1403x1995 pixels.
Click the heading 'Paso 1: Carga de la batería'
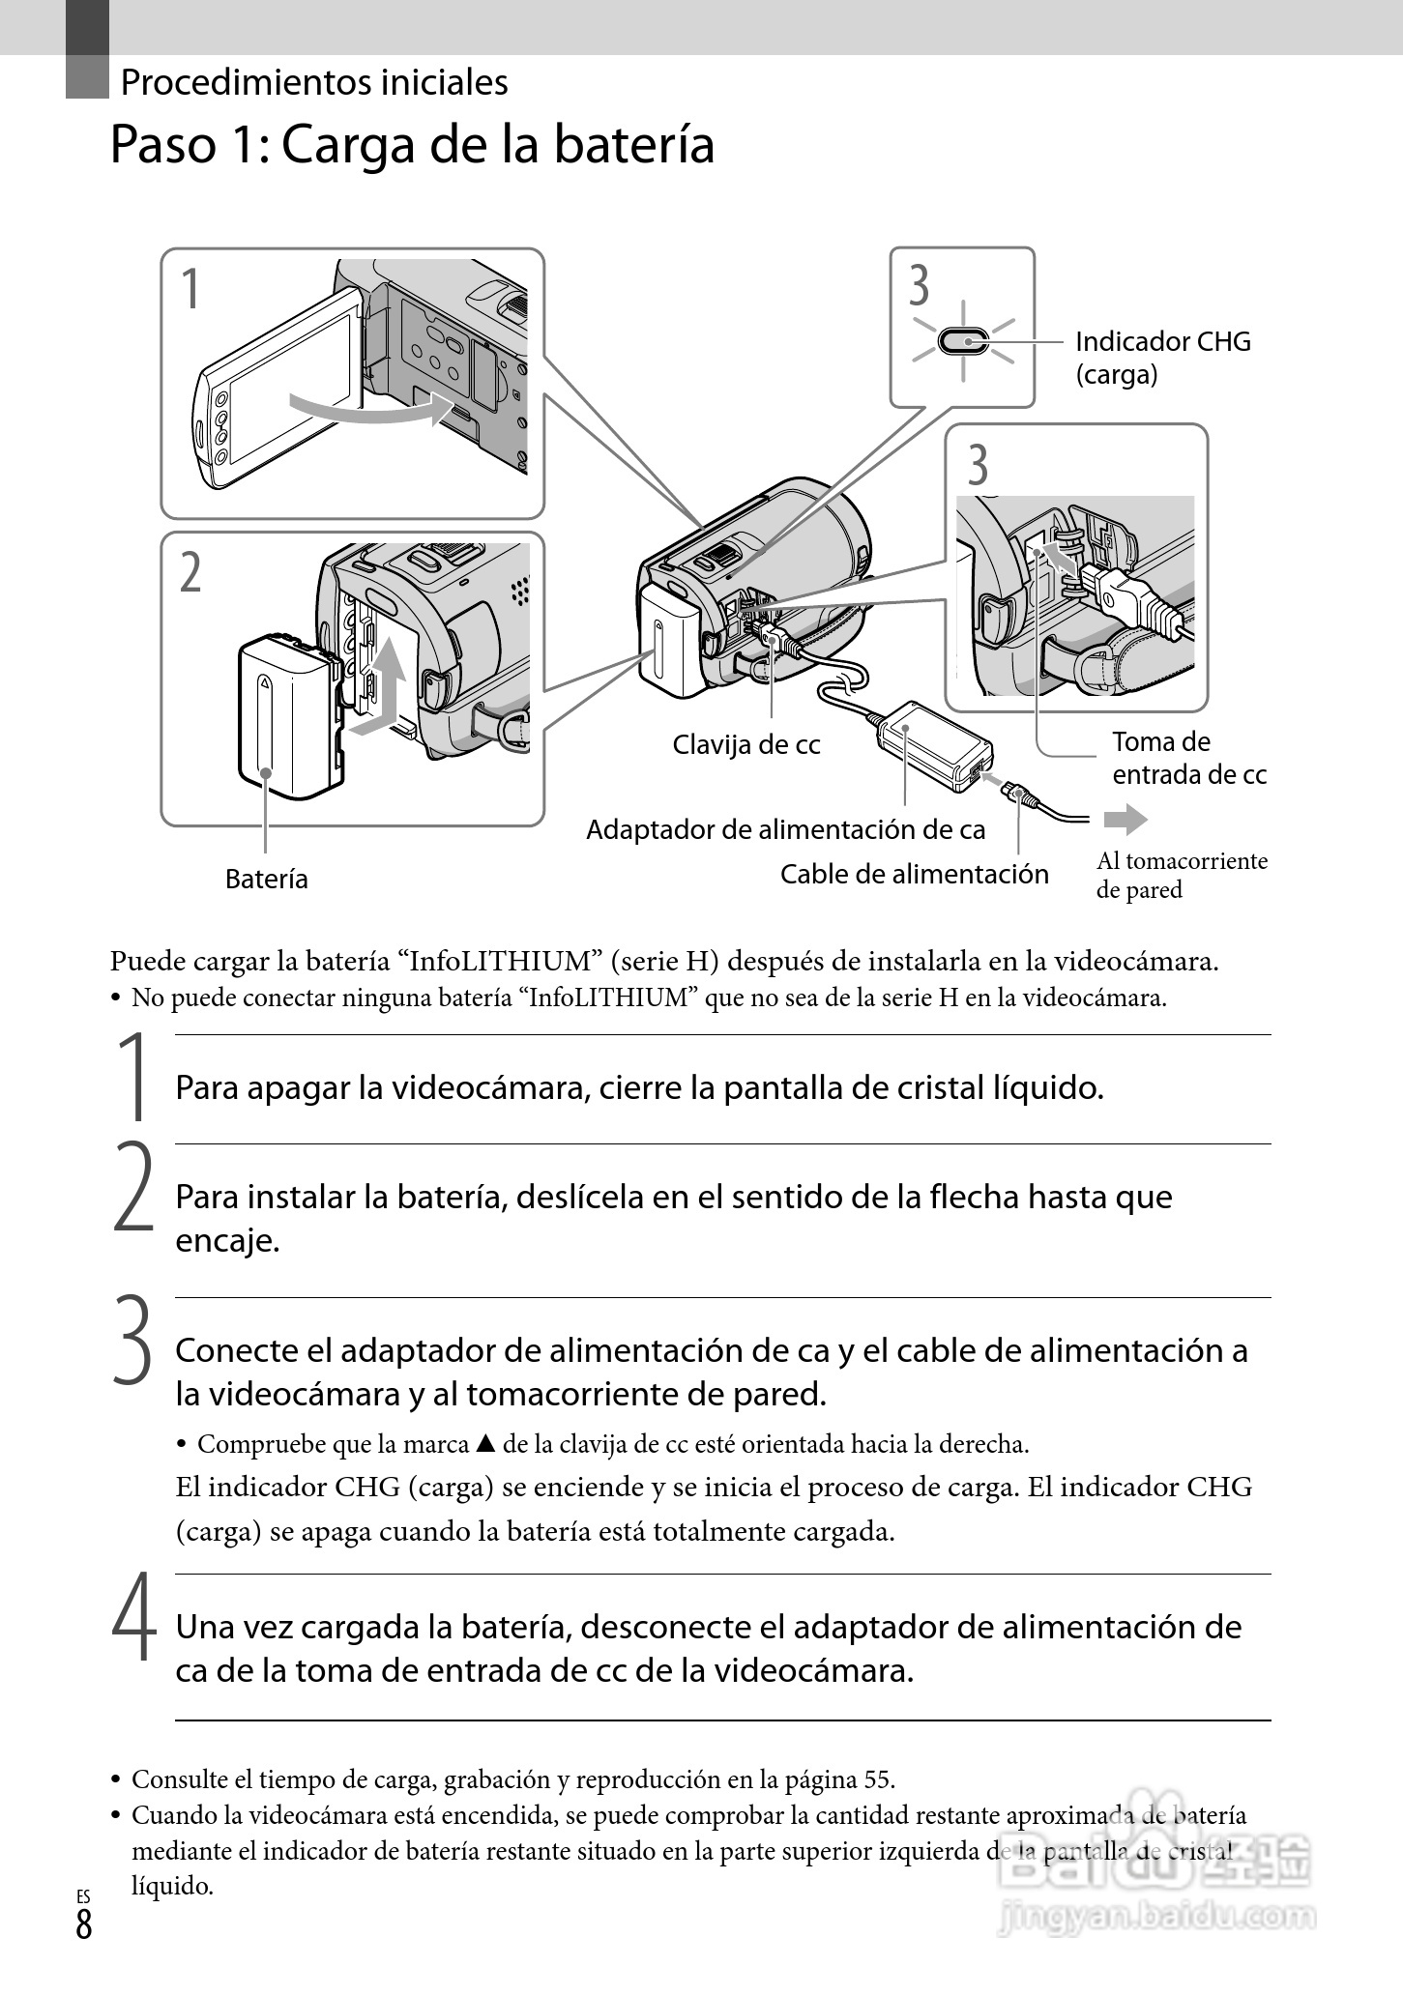tap(412, 146)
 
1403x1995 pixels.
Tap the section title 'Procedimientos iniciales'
tap(314, 82)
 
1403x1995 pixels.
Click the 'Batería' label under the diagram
tap(266, 879)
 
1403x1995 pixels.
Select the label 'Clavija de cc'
tap(745, 745)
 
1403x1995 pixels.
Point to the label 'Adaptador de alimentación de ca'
tap(785, 829)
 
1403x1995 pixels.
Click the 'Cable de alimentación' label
tap(914, 874)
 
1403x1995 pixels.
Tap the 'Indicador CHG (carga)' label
tap(1162, 358)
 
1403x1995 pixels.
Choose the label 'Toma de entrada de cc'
tap(1188, 758)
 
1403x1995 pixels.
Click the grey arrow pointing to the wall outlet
tap(1125, 821)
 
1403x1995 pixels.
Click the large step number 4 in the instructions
tap(133, 1618)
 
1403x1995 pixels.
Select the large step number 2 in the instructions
tap(133, 1188)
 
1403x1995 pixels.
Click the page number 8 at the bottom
tap(84, 1924)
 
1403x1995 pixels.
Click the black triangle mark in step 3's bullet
tap(485, 1444)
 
